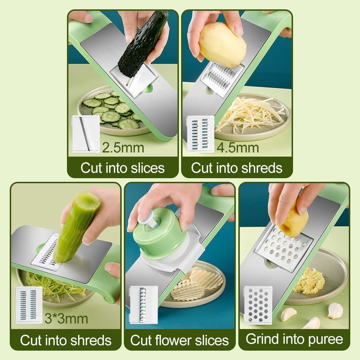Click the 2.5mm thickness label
pos(123,147)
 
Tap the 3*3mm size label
pos(66,318)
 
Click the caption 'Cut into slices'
pos(122,168)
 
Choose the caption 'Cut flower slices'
pos(179,340)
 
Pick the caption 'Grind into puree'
pos(294,339)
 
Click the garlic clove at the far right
pos(335,310)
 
